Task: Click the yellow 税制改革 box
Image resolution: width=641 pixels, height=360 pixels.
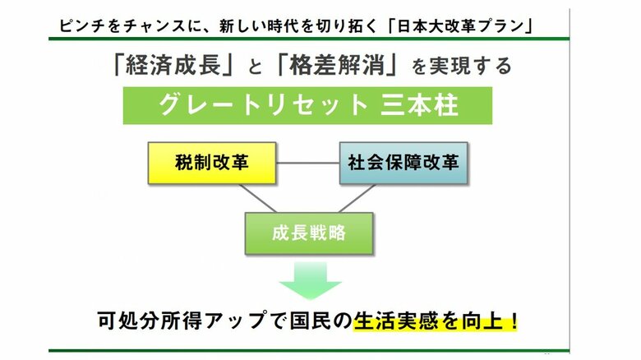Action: (x=212, y=163)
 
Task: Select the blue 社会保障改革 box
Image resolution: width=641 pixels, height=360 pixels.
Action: (x=404, y=163)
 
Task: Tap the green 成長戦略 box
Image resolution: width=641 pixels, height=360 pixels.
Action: (x=309, y=233)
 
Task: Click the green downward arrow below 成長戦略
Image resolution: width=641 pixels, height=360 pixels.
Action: (x=311, y=281)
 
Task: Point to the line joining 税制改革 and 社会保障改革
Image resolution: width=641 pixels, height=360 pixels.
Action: (x=308, y=163)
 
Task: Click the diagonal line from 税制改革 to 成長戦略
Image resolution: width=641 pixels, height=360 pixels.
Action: (x=258, y=198)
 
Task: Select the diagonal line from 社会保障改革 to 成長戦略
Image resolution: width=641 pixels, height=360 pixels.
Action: (x=357, y=198)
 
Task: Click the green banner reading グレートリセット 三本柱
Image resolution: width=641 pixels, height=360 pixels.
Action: (x=308, y=105)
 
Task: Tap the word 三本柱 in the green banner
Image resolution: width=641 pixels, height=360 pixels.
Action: (x=420, y=104)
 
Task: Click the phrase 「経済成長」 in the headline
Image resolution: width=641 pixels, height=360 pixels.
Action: (x=173, y=66)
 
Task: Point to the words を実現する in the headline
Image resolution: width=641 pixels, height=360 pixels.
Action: (x=461, y=66)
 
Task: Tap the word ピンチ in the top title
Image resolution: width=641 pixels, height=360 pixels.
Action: (x=79, y=25)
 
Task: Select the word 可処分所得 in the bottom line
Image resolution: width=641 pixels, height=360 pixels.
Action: (x=150, y=321)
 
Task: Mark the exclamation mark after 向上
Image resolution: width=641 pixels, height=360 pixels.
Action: (x=514, y=321)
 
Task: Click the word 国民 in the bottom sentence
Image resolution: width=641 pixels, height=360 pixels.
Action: (x=310, y=321)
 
